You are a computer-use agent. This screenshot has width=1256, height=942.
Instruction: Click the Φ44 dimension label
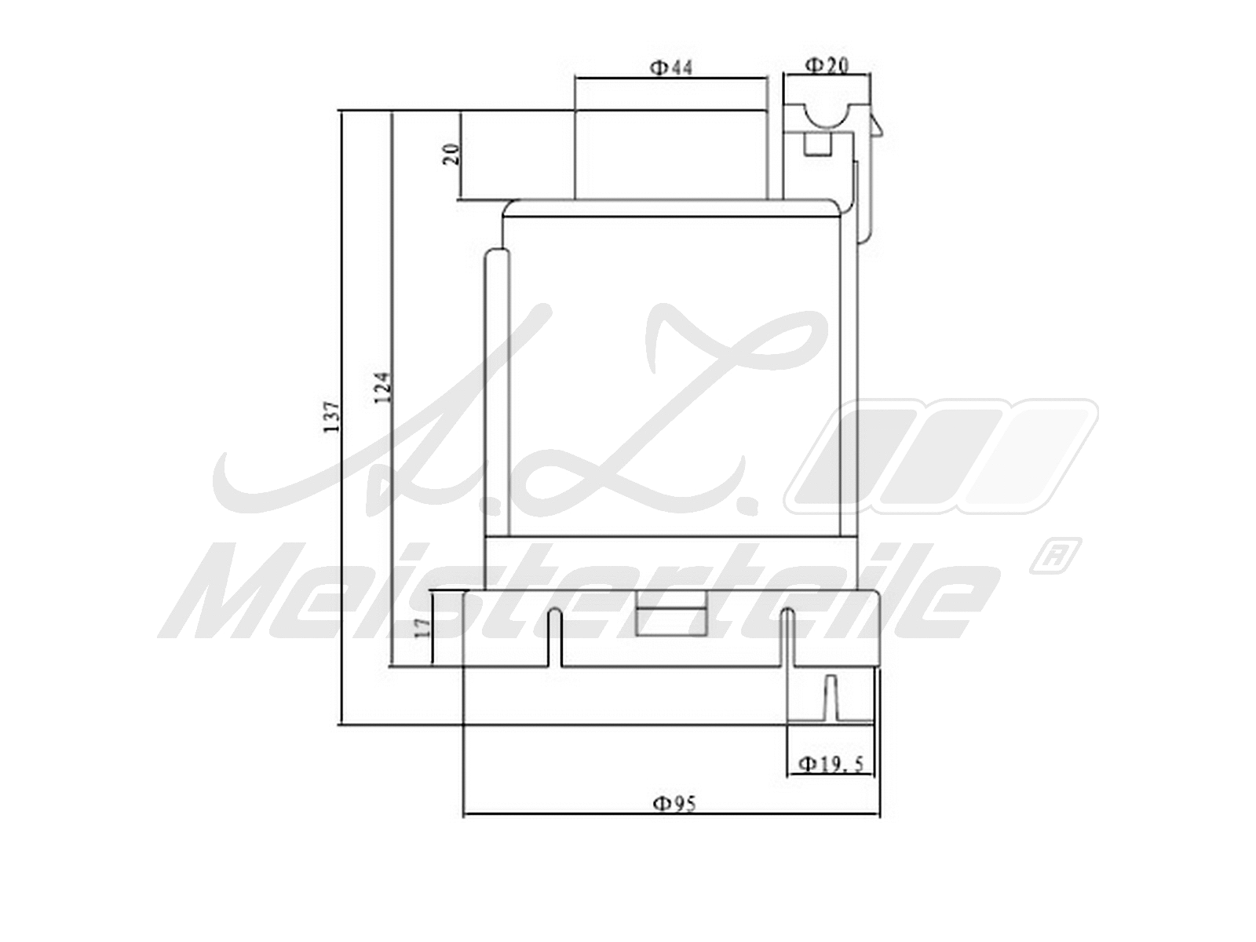pos(670,68)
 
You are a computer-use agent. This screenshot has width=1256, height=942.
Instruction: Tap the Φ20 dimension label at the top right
pos(827,65)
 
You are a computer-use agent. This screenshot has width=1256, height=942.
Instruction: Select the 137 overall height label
pos(333,418)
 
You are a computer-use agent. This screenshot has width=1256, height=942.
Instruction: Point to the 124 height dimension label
pos(383,388)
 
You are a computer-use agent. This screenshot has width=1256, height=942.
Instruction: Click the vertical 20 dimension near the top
pos(451,154)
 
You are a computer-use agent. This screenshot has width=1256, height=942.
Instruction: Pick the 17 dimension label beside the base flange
pos(422,628)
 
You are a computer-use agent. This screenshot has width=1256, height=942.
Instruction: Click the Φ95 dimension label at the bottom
pos(674,803)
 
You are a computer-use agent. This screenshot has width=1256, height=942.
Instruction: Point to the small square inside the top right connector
pos(818,145)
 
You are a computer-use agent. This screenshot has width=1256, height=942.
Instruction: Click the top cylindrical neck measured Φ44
pos(671,155)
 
